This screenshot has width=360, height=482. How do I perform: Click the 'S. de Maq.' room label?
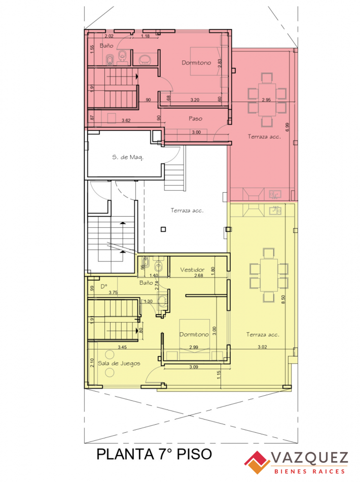[128, 157]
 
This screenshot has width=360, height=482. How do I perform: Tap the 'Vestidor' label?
[193, 270]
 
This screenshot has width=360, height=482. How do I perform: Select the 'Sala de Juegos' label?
[119, 363]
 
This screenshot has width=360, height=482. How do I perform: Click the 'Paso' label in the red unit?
[195, 119]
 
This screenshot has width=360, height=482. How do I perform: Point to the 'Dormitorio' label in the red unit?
[197, 63]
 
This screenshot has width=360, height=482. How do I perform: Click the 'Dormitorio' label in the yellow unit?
[194, 335]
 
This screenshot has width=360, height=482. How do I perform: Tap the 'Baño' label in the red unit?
[106, 46]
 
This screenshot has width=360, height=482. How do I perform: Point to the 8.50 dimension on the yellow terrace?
[284, 299]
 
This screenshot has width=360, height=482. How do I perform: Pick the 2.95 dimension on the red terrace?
[267, 100]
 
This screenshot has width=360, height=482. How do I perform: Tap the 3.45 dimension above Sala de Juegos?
[122, 347]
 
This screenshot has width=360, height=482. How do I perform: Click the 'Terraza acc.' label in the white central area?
[187, 211]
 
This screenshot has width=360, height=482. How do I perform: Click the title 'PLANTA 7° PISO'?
[154, 454]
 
